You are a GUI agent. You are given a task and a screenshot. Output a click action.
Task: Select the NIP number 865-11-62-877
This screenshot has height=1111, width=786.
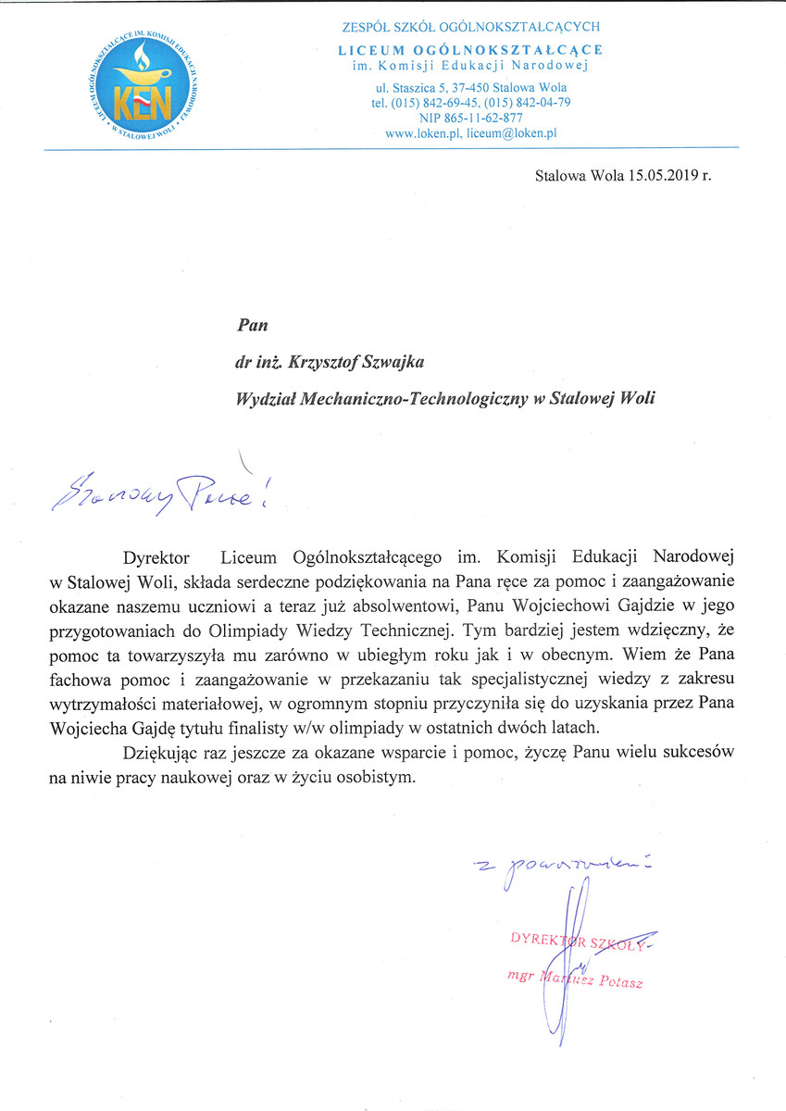click(470, 118)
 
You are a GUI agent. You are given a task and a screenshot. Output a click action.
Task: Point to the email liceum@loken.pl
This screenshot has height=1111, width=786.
click(512, 133)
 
